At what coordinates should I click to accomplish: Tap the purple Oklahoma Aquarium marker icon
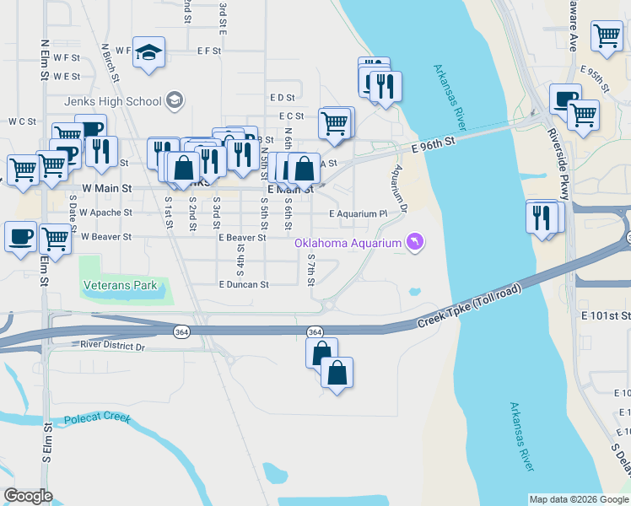click(x=415, y=243)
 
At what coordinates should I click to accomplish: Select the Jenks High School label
click(x=113, y=101)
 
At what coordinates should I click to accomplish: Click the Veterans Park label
click(x=121, y=285)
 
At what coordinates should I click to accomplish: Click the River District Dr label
click(x=113, y=346)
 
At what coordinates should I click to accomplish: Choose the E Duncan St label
click(x=243, y=285)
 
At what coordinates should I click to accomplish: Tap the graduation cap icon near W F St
click(x=148, y=51)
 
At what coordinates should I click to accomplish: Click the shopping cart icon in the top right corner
click(x=607, y=36)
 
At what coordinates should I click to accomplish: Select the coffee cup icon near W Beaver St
click(x=20, y=235)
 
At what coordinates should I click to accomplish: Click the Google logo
click(x=28, y=496)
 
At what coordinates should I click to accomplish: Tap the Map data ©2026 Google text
click(x=579, y=499)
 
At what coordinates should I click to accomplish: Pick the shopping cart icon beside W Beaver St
click(x=56, y=239)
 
